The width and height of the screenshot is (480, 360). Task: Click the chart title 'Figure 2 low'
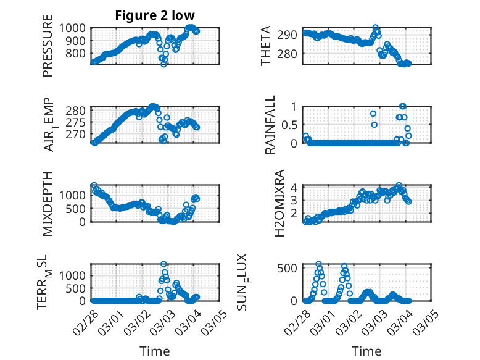coord(155,16)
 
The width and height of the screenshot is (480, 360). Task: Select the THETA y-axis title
coord(266,46)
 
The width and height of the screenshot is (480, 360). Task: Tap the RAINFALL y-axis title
coord(270,125)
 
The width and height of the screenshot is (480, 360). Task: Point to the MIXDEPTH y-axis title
coord(48,204)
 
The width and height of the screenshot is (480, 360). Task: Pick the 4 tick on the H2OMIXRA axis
coord(295,187)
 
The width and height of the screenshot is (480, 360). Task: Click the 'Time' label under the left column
coord(155,351)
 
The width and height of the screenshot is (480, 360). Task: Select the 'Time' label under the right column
coord(366,351)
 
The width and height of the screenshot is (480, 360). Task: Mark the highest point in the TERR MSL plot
coord(163,264)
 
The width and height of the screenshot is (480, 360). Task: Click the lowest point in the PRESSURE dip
coord(163,64)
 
